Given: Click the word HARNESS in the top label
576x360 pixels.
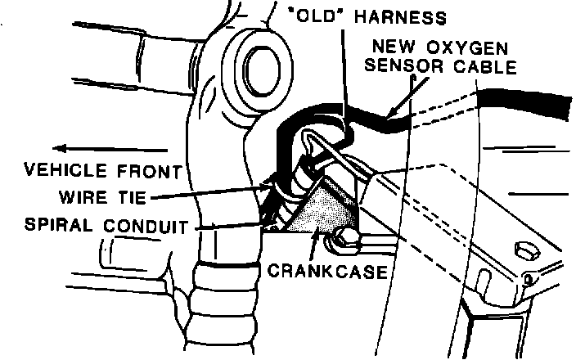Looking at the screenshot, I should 404,17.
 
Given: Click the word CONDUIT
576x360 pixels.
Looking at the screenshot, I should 147,223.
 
